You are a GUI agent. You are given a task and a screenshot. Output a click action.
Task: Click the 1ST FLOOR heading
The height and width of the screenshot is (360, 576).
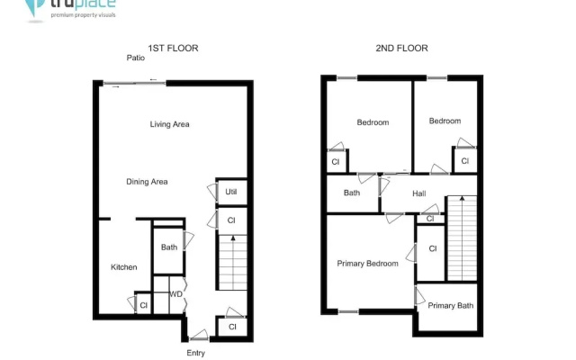[x=173, y=48]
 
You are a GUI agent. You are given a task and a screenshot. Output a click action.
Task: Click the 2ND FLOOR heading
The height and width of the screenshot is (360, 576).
[x=401, y=48]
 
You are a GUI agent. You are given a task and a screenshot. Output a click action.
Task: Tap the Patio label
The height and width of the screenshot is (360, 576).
[x=136, y=58]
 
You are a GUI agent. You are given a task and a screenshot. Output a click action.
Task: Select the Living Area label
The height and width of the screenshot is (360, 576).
[x=170, y=124]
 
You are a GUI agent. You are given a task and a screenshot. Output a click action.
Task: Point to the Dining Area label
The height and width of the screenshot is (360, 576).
[x=147, y=182]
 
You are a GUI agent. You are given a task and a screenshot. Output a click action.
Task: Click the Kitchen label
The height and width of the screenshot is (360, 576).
[x=124, y=267]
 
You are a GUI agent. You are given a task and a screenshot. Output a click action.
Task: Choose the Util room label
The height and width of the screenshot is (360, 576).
[x=231, y=192]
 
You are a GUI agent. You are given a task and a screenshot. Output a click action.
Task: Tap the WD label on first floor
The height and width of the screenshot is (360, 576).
[x=176, y=294]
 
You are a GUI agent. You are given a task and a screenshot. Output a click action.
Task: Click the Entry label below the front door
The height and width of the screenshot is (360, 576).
[x=196, y=353]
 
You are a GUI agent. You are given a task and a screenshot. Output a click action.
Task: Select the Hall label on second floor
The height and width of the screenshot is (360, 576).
[x=419, y=193]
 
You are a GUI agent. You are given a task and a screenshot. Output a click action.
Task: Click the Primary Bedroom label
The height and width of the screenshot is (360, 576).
[x=368, y=264]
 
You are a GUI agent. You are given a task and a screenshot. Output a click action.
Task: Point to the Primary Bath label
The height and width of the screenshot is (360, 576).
[x=451, y=306]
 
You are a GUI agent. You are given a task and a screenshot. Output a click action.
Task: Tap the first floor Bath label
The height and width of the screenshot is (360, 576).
[x=169, y=247]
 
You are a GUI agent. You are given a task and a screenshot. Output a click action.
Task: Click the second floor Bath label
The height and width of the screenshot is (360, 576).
[x=352, y=193]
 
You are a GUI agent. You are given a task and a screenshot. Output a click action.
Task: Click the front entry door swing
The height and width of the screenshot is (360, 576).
[x=200, y=334]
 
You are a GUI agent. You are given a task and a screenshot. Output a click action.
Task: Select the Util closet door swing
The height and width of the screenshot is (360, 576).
[x=212, y=192]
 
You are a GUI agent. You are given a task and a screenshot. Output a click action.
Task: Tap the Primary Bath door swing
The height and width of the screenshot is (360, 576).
[x=420, y=296]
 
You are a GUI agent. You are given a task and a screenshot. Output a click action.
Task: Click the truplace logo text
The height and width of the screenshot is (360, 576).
[x=83, y=4]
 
